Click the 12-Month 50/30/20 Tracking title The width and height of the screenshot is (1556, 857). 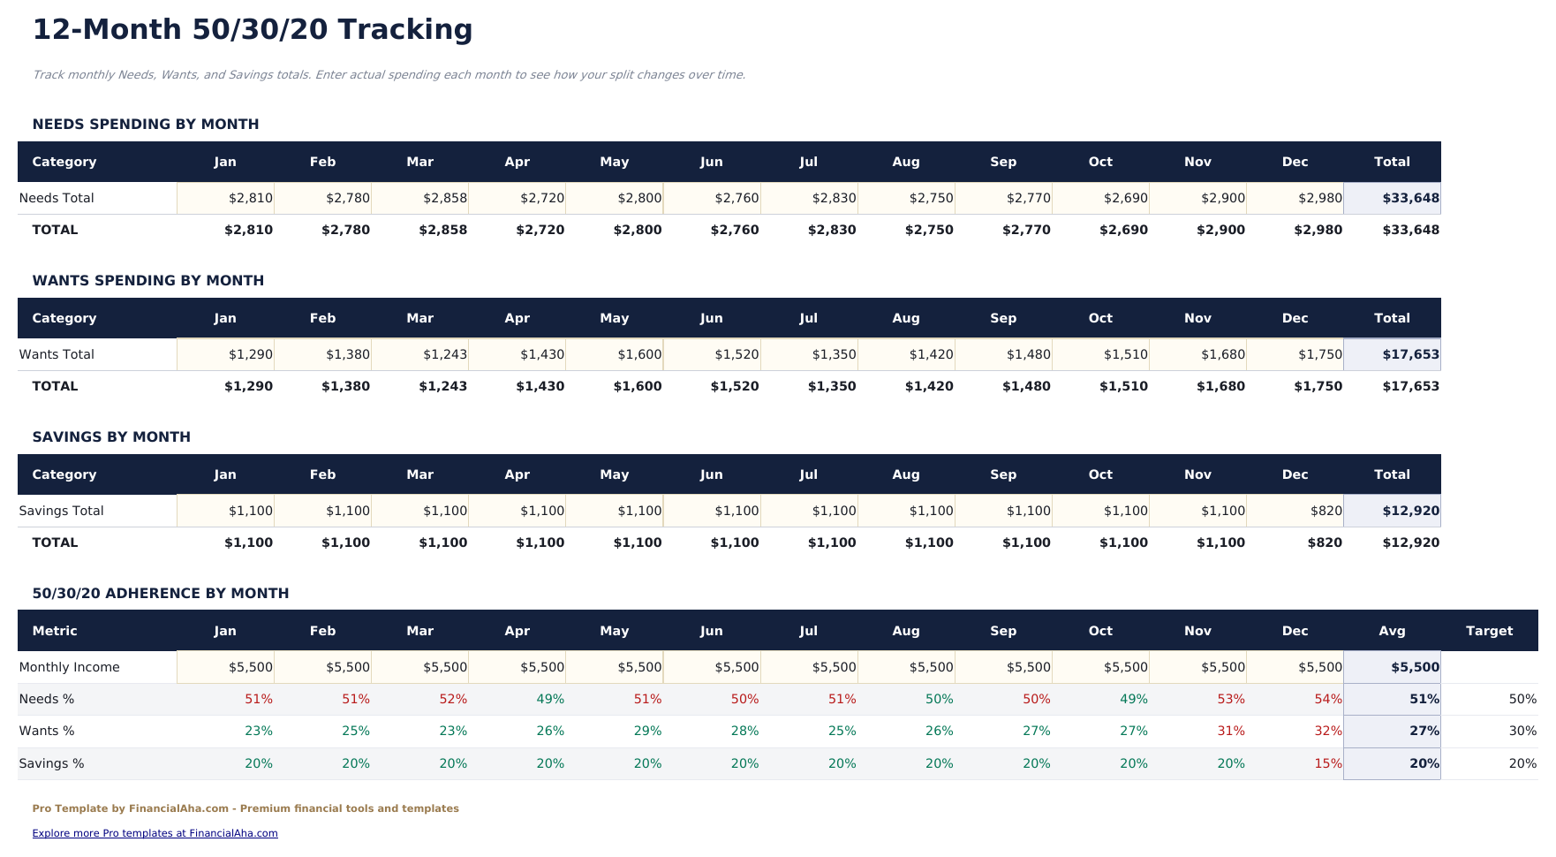[253, 30]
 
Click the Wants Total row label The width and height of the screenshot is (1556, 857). [57, 354]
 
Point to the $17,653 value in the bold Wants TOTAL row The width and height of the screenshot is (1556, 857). [1409, 386]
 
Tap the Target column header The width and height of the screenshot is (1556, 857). [1489, 631]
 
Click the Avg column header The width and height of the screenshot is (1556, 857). [1392, 631]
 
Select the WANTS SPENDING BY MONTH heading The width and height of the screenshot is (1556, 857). [148, 281]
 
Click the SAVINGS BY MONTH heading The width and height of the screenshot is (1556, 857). [111, 437]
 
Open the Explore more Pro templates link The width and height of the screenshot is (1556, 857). [155, 833]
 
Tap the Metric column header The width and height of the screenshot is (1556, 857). [55, 631]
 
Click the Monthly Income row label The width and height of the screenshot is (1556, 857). [69, 667]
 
